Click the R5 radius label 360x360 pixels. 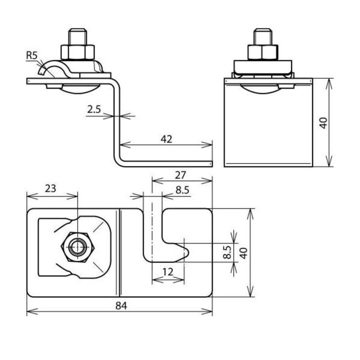click(x=32, y=55)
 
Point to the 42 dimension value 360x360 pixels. click(x=166, y=139)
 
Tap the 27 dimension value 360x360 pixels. click(x=180, y=175)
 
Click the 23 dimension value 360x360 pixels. click(x=50, y=188)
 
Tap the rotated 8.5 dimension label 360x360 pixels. click(x=227, y=252)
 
